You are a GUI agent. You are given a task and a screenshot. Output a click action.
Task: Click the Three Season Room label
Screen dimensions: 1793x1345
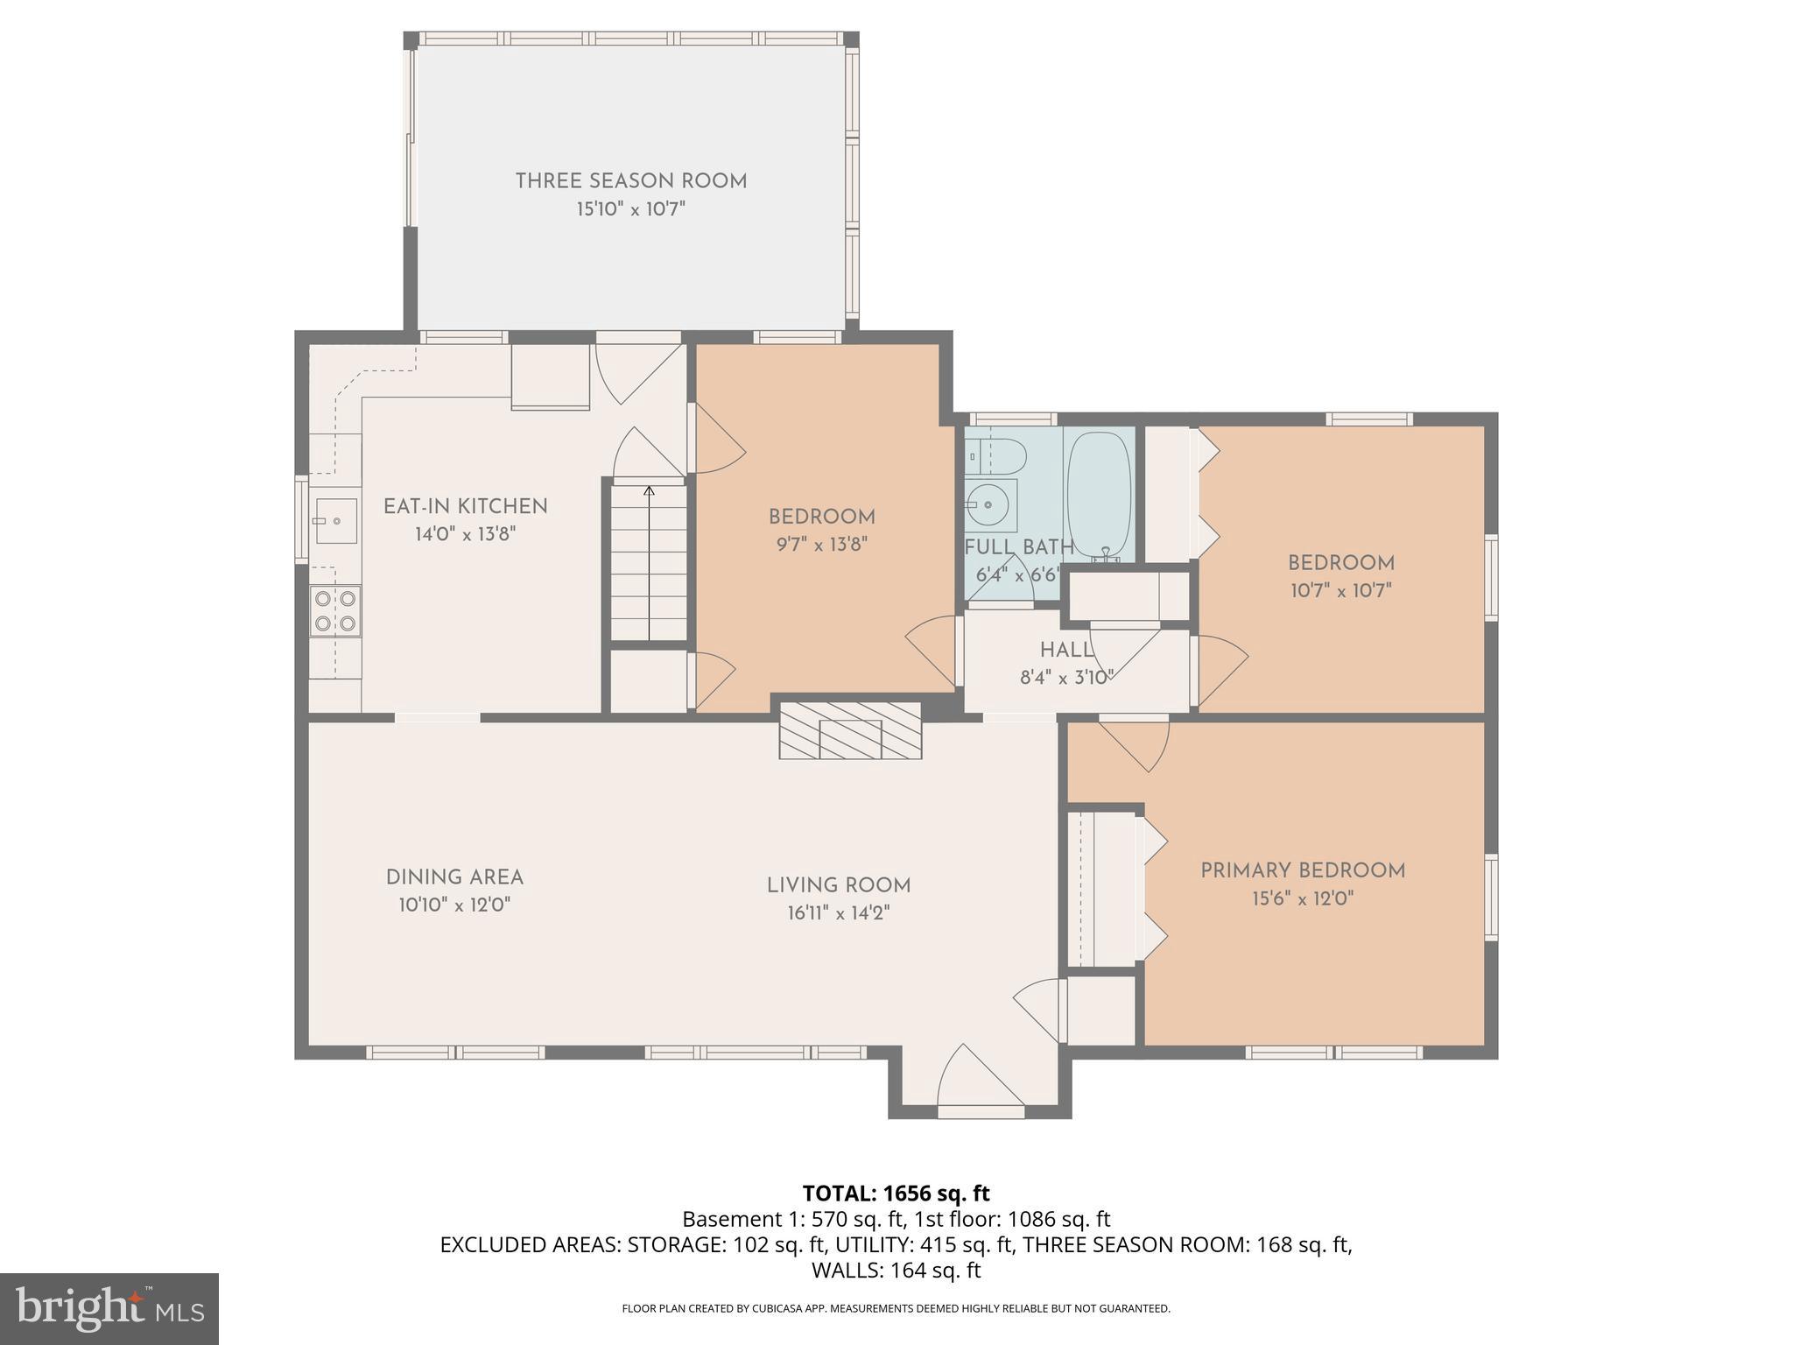tap(630, 181)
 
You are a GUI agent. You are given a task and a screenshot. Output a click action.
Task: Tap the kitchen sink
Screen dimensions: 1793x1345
tap(335, 521)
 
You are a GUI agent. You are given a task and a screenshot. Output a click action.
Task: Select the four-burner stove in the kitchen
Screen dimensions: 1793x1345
tap(335, 611)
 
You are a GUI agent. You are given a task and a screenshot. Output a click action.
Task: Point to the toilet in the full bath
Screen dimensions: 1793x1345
tap(998, 456)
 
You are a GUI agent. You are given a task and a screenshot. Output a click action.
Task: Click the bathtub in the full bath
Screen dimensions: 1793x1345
tap(1100, 495)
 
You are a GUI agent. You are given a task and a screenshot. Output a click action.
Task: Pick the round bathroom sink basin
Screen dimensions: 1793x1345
tap(988, 505)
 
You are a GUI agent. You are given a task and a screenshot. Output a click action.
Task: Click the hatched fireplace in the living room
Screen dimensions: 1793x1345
tap(850, 729)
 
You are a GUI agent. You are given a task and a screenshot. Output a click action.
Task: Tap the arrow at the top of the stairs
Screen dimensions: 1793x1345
tap(649, 492)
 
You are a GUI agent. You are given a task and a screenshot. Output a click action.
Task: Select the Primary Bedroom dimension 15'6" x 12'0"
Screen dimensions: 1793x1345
tap(1303, 898)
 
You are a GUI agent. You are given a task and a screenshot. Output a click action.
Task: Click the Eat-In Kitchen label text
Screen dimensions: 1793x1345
tap(466, 506)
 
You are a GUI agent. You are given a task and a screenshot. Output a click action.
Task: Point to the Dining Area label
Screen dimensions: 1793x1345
tap(454, 877)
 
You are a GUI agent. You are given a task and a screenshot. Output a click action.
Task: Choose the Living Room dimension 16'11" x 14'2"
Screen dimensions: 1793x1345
tap(839, 913)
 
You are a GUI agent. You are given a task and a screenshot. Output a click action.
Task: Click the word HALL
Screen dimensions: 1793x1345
tap(1066, 650)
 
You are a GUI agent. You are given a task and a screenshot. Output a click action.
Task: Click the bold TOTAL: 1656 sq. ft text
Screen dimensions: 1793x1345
tap(896, 1194)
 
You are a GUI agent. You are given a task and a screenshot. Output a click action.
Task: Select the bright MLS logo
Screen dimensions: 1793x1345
tap(109, 1308)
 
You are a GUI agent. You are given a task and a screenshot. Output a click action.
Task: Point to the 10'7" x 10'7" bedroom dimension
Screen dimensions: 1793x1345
tap(1341, 591)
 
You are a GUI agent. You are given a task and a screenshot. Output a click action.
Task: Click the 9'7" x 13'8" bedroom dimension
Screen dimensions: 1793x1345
tap(821, 545)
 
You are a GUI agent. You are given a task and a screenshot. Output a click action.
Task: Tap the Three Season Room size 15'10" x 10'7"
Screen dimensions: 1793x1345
tap(630, 209)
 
